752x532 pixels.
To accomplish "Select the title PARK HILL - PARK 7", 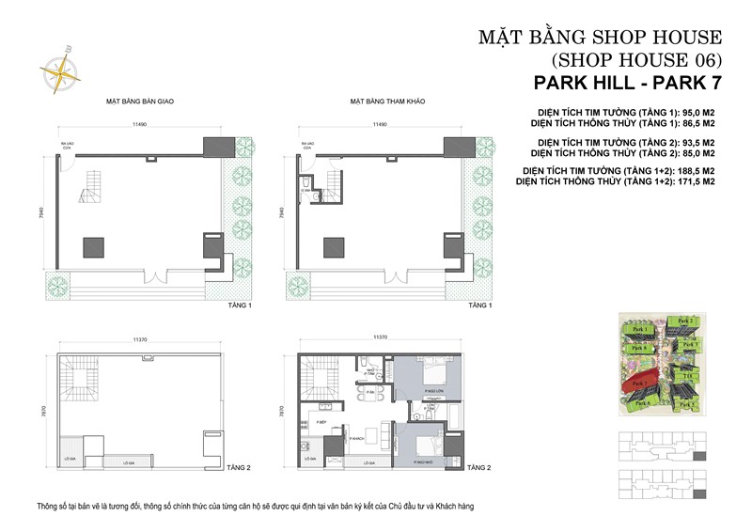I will coord(624,83).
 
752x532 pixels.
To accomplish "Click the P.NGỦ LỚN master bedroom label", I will coord(433,389).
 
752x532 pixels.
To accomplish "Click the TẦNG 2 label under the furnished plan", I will coord(479,467).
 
